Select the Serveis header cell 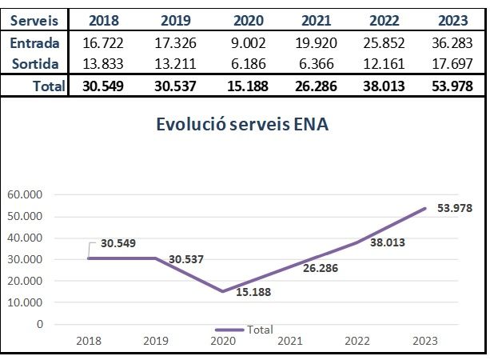coord(34,20)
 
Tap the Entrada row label coord(35,42)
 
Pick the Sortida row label coord(35,62)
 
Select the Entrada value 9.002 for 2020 coord(248,42)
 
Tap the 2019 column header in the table coord(181,20)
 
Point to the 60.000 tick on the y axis coord(26,194)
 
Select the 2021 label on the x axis coord(290,341)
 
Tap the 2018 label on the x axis coord(89,341)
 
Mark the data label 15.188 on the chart coord(255,292)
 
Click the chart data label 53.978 coord(456,209)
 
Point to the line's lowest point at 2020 coord(223,291)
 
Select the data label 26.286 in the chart coord(320,268)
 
